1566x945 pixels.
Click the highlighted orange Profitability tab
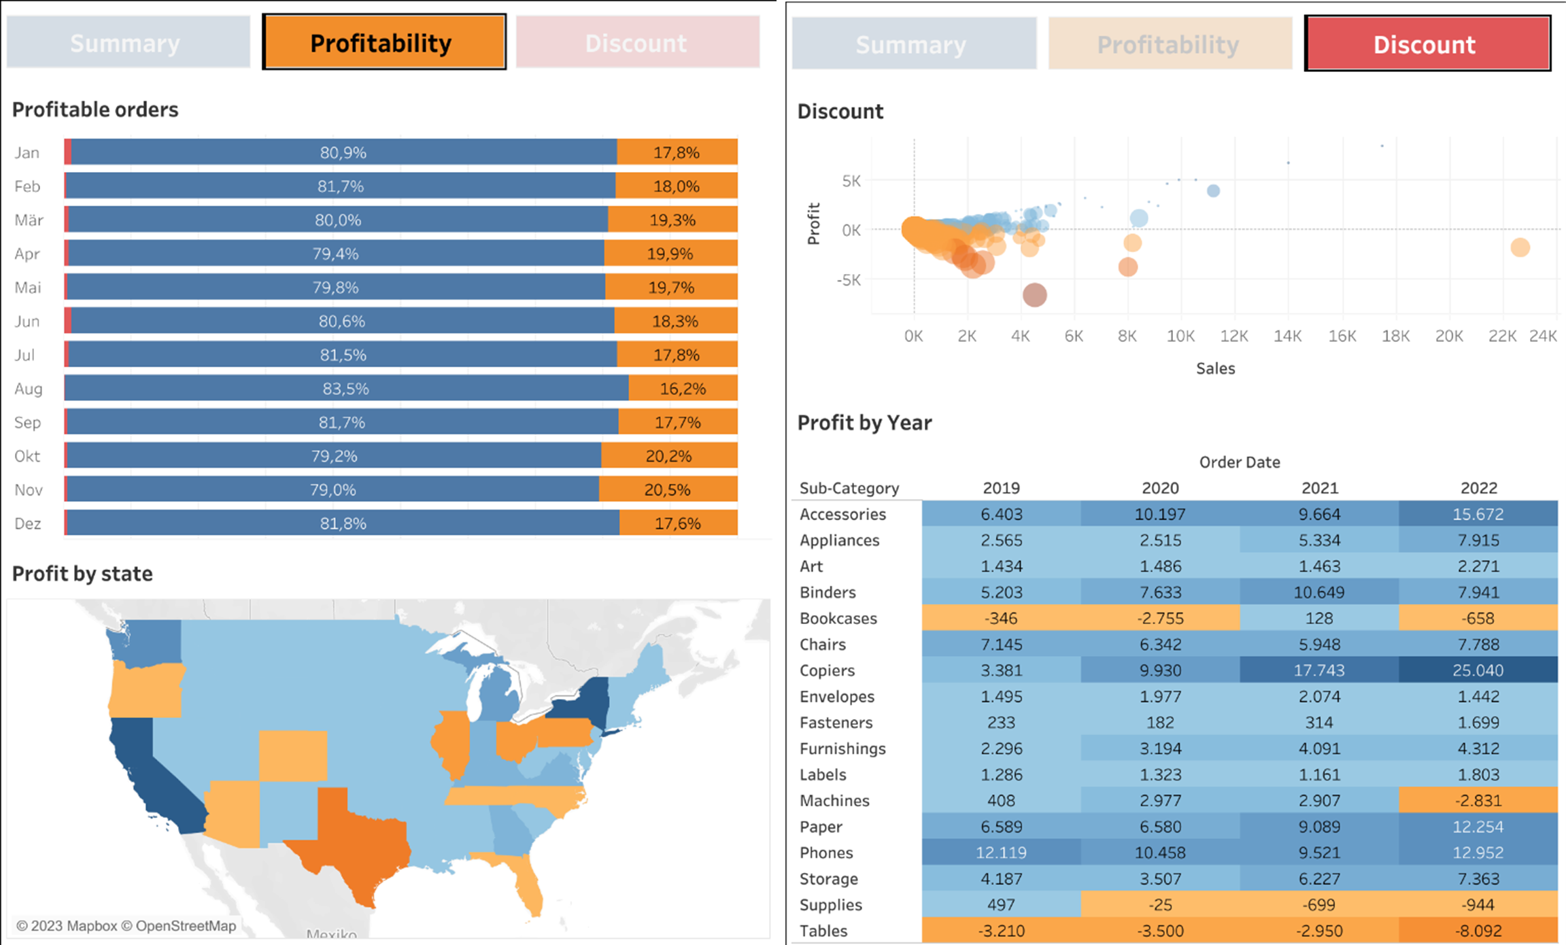tap(384, 42)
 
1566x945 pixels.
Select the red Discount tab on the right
tap(1427, 44)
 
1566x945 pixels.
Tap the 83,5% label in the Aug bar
tap(345, 389)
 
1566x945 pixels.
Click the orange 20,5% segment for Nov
tap(667, 489)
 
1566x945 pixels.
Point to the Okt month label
tap(27, 456)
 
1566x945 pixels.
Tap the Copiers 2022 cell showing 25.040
tap(1478, 670)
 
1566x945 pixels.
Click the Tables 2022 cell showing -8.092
tap(1478, 931)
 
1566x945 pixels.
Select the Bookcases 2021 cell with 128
tap(1318, 619)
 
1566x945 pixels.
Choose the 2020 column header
tap(1159, 488)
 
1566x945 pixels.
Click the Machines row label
tap(834, 801)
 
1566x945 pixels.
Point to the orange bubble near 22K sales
tap(1520, 247)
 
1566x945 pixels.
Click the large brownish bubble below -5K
tap(1034, 295)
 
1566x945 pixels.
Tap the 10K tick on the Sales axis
tap(1180, 336)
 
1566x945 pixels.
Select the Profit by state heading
tap(82, 574)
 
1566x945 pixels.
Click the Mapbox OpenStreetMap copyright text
tap(126, 926)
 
